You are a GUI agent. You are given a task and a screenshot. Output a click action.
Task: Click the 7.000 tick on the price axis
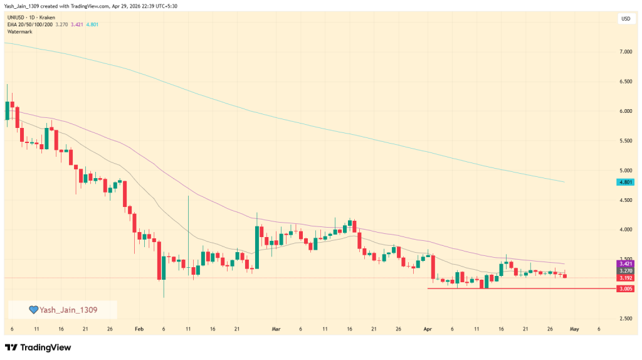point(625,52)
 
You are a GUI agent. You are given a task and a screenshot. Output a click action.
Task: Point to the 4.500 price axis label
point(625,200)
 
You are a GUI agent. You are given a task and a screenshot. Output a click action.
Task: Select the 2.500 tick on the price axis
point(625,319)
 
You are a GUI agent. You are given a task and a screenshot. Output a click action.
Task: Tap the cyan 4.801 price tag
point(625,183)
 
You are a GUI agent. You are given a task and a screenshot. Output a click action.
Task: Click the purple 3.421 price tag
point(625,264)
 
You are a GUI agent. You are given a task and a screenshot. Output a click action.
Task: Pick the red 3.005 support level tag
point(625,289)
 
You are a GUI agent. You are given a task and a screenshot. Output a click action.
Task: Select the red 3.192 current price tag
point(625,278)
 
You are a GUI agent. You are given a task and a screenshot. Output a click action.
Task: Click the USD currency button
point(625,19)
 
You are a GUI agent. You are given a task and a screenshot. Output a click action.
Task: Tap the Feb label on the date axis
point(139,329)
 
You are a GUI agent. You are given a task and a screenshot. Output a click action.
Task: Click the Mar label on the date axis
point(276,329)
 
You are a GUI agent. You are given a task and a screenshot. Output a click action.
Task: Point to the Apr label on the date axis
point(428,329)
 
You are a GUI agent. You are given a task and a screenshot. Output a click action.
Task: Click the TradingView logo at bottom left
point(38,347)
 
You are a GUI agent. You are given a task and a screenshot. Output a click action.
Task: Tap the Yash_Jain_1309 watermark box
point(62,310)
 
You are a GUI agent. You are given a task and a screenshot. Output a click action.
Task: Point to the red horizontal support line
point(502,289)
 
